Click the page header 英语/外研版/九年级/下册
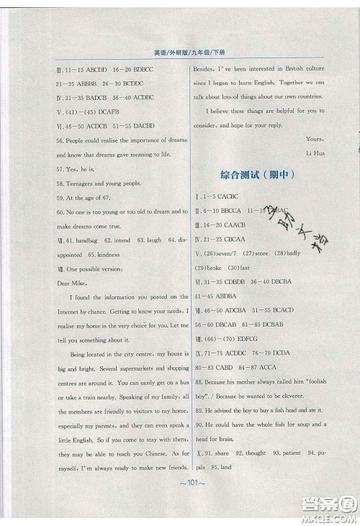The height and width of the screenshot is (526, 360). pos(180,53)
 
